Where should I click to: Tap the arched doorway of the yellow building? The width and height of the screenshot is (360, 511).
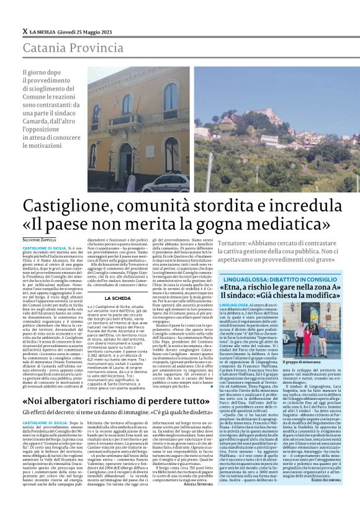tap(127, 158)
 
